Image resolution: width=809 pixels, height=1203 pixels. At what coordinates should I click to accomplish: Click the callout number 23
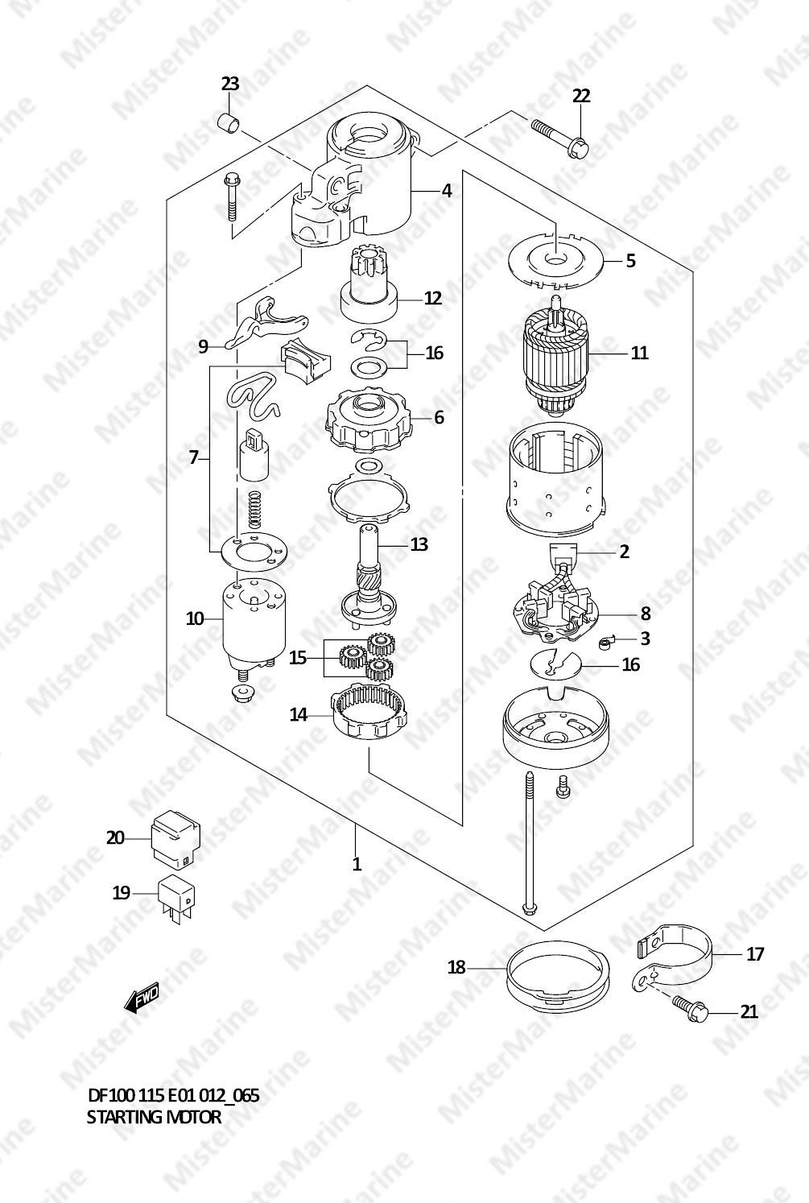click(229, 85)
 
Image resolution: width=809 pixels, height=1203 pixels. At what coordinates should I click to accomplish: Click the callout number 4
click(447, 191)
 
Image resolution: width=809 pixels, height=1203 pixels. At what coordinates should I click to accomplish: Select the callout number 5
click(630, 261)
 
